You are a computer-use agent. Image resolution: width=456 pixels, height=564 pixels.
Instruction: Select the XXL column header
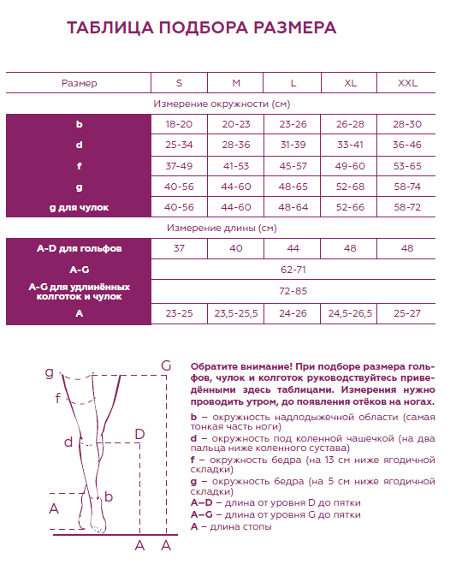tap(407, 83)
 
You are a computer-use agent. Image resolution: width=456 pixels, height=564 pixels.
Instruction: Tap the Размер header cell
tap(79, 83)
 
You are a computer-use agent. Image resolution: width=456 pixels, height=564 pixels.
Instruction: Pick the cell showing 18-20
tap(179, 125)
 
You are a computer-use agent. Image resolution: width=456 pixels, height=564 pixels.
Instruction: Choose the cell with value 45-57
tap(293, 166)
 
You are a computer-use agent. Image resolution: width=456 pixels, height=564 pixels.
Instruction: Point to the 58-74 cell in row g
tap(407, 187)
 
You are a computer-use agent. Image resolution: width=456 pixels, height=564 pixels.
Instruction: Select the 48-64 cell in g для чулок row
tap(293, 207)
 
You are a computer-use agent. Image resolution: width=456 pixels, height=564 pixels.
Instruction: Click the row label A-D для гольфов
tap(79, 248)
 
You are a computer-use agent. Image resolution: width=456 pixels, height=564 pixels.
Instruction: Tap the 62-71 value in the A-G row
tap(293, 269)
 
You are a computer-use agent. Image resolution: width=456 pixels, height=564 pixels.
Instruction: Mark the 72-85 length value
tap(293, 291)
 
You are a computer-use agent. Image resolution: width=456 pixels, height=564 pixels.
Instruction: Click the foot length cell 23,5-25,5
tap(236, 314)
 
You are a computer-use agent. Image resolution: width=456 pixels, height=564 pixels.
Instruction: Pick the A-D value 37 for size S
tap(179, 248)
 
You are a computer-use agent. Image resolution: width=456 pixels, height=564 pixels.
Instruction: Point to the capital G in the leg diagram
tap(165, 367)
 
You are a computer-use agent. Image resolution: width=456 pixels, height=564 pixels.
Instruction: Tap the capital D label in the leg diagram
tap(139, 434)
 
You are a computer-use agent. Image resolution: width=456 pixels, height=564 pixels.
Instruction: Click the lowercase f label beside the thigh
tap(57, 398)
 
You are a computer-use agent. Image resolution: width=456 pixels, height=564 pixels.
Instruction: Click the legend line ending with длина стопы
tap(231, 526)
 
